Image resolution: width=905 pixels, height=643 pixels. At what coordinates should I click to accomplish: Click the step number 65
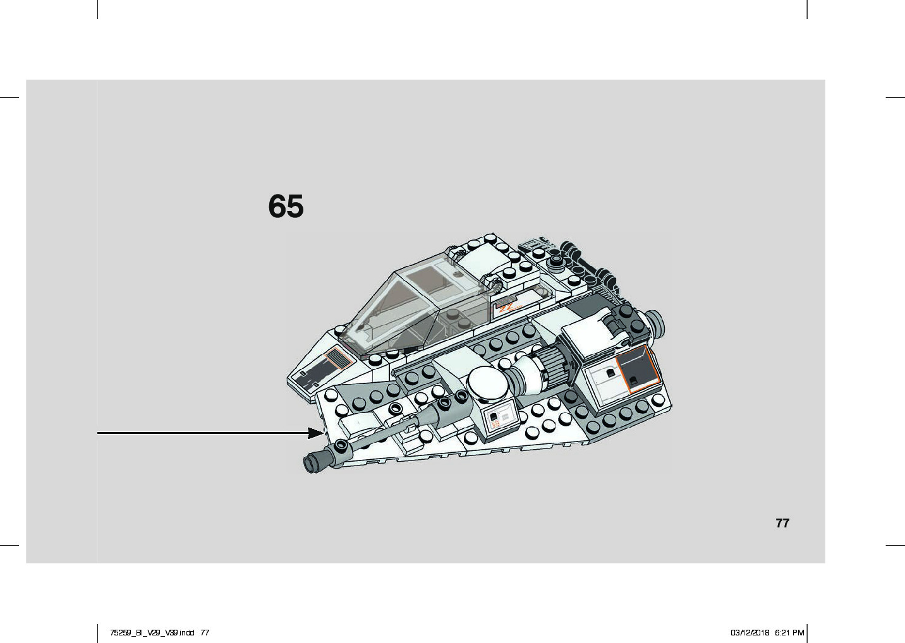[286, 207]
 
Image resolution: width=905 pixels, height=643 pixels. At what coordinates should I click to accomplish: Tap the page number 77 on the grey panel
[782, 523]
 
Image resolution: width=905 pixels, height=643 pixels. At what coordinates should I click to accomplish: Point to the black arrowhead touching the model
[315, 433]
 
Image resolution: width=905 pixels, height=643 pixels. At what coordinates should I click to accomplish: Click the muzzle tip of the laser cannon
[312, 463]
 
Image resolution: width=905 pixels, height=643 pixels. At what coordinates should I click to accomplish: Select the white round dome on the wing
[487, 383]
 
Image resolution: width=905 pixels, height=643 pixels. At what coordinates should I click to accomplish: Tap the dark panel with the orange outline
[637, 369]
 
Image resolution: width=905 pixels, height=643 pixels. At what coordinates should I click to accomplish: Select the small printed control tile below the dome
[500, 419]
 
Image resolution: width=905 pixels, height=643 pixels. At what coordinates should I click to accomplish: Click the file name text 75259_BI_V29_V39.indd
[152, 632]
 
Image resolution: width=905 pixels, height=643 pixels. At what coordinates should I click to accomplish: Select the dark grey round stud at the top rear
[556, 259]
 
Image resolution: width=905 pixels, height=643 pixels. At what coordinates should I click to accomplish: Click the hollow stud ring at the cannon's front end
[342, 446]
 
